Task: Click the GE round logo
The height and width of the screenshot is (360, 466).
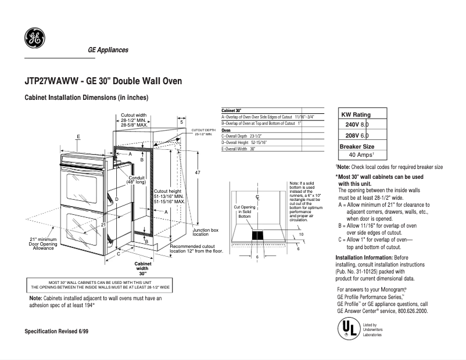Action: (x=34, y=39)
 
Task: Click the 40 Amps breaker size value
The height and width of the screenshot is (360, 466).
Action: (x=361, y=155)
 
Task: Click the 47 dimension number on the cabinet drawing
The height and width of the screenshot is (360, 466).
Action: (x=198, y=173)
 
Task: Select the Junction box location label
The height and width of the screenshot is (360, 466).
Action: (x=205, y=232)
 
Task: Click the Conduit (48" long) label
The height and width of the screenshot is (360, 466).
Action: (x=137, y=180)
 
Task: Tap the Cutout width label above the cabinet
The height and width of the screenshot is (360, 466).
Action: (x=134, y=120)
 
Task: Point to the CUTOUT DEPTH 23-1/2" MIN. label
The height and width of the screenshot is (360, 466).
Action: (x=203, y=132)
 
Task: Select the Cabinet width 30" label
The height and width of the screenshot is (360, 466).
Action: (x=142, y=268)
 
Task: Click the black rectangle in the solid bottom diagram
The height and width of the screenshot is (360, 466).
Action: (x=257, y=236)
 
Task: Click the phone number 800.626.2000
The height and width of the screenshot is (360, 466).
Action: (x=410, y=311)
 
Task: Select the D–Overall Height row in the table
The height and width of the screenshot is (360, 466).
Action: (x=244, y=142)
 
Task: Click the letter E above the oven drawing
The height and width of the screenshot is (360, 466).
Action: (x=78, y=136)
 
